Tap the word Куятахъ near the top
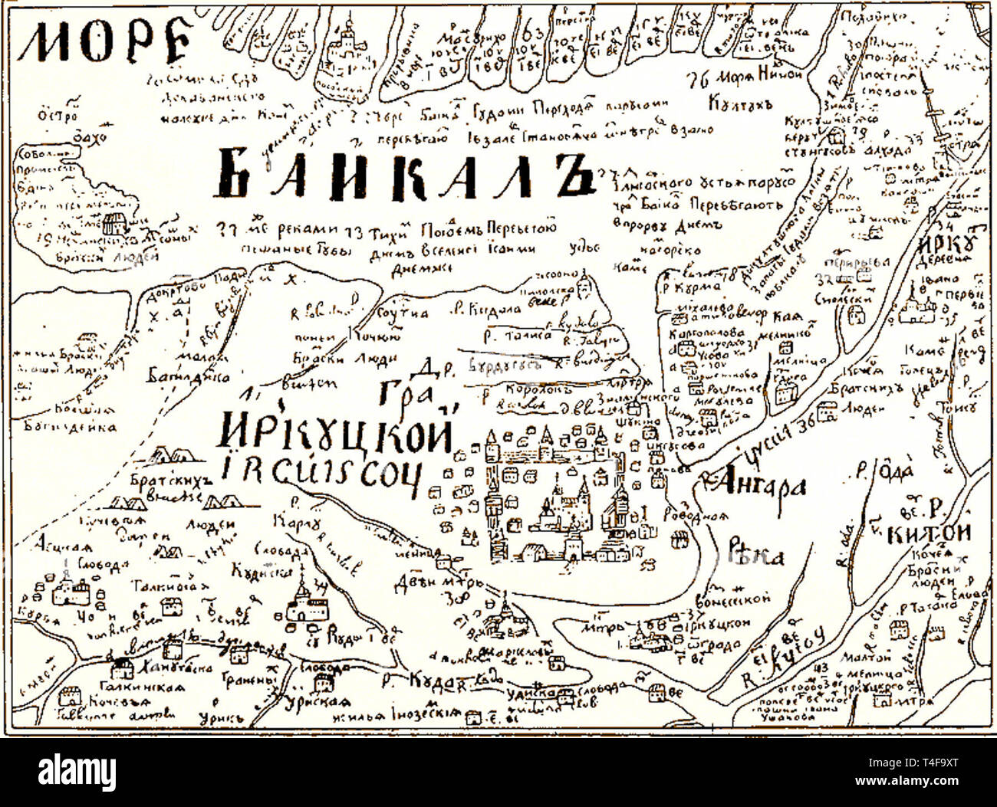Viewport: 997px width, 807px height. pyautogui.click(x=740, y=102)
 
